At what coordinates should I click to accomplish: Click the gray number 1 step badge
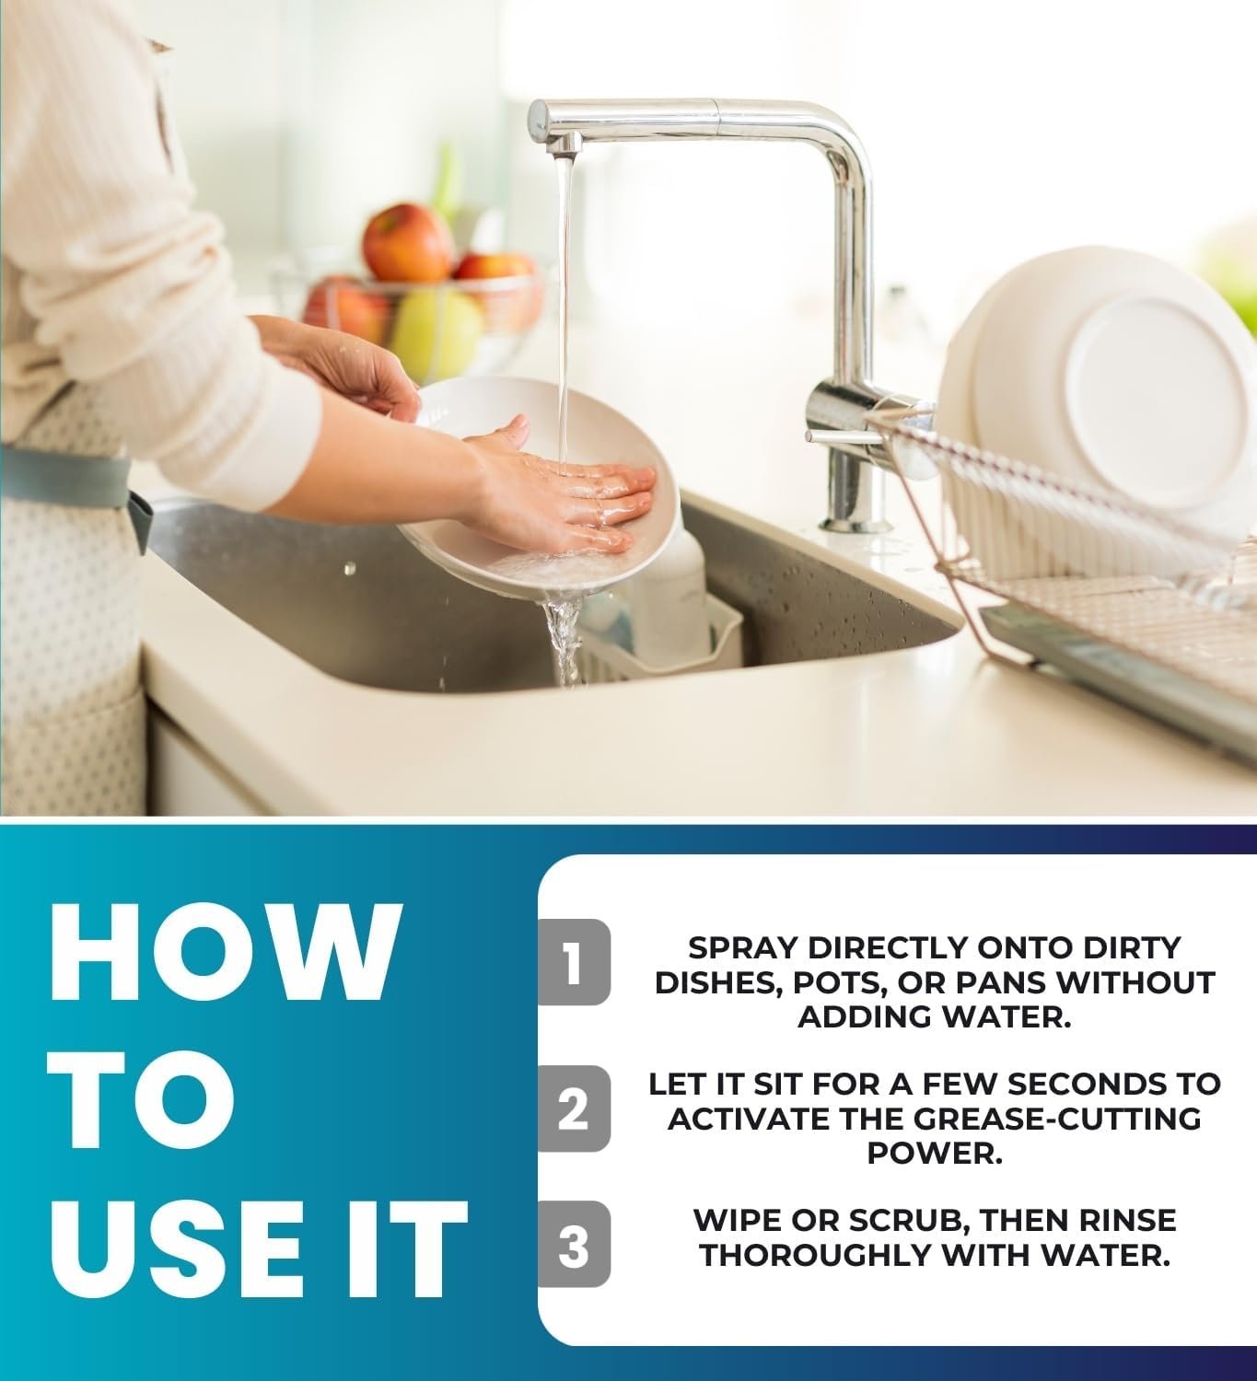click(574, 962)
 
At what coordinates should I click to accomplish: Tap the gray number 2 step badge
click(574, 1108)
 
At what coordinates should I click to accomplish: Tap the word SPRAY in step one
click(743, 948)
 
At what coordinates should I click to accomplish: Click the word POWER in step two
click(934, 1154)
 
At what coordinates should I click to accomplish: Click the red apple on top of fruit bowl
click(409, 242)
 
